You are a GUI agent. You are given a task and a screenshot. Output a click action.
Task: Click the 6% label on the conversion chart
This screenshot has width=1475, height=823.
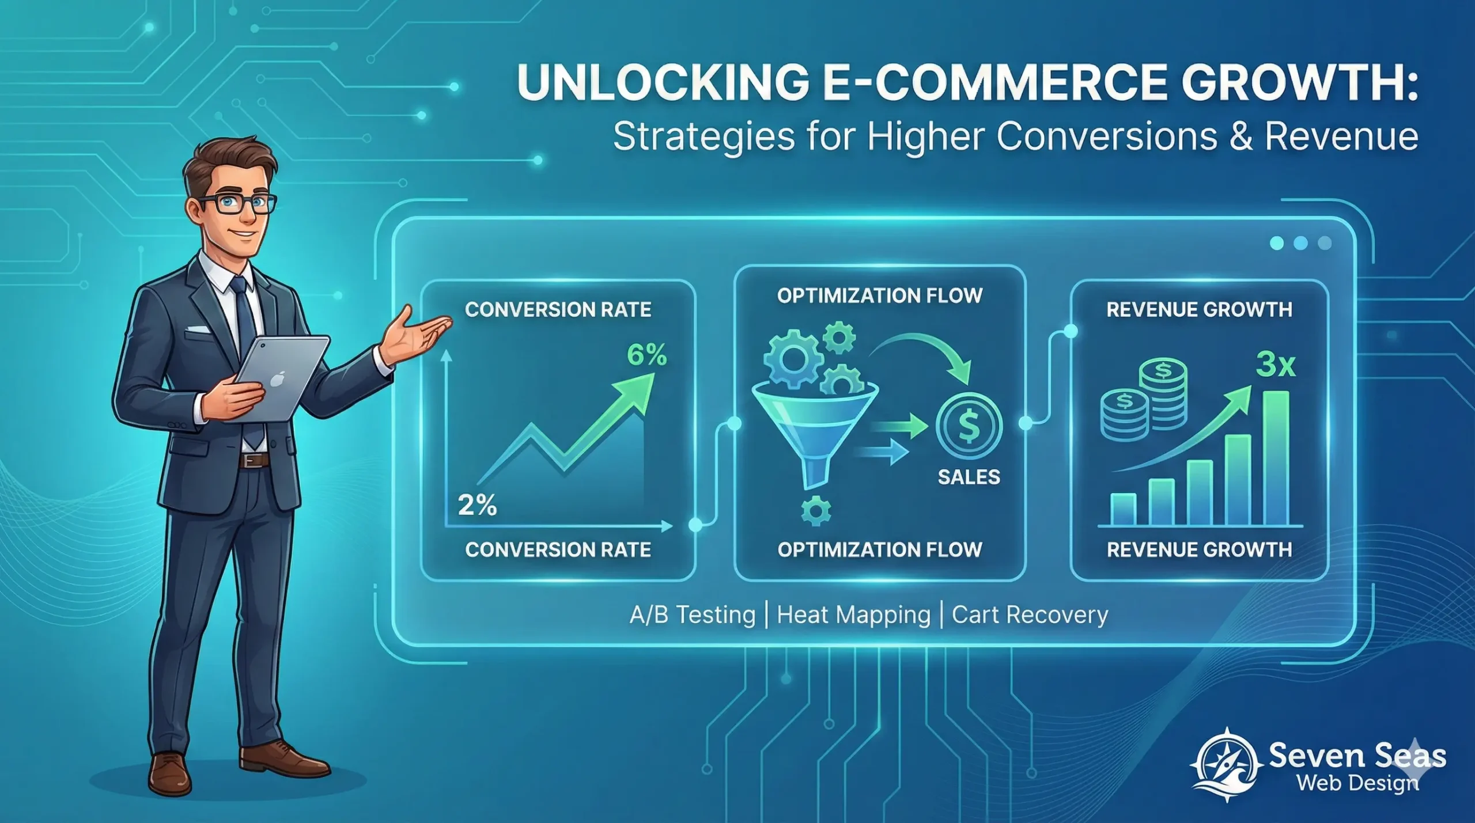pyautogui.click(x=646, y=355)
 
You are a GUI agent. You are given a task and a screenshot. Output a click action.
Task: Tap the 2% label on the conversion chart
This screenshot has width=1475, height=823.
pyautogui.click(x=477, y=505)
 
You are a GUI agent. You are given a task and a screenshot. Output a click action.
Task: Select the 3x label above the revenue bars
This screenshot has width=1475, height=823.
pyautogui.click(x=1275, y=365)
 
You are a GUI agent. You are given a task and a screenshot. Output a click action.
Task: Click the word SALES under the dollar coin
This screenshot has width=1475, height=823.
pyautogui.click(x=969, y=477)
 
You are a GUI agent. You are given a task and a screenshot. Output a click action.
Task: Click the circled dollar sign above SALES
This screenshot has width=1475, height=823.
pyautogui.click(x=969, y=427)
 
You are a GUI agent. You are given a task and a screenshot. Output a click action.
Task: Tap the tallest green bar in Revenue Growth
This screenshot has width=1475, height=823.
pyautogui.click(x=1276, y=457)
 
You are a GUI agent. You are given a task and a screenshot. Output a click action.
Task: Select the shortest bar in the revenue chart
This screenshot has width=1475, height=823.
pyautogui.click(x=1123, y=509)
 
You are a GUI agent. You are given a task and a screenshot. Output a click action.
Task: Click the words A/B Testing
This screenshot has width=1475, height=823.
pyautogui.click(x=692, y=615)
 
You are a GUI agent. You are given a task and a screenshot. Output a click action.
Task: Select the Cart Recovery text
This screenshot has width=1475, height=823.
pyautogui.click(x=1030, y=615)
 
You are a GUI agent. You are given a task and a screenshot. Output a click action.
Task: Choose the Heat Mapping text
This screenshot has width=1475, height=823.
pyautogui.click(x=853, y=615)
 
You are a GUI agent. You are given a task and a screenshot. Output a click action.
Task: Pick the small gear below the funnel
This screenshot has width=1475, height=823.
pyautogui.click(x=816, y=510)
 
